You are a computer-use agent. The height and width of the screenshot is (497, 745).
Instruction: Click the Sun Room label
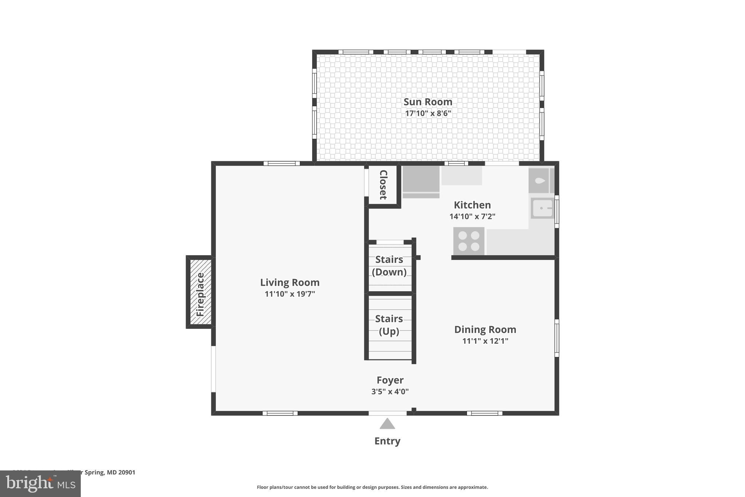428,102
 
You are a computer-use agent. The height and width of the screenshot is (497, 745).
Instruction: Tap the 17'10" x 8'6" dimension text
428,113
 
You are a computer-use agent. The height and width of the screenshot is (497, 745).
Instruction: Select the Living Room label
290,283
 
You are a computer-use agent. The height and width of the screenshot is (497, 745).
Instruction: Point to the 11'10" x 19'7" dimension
290,294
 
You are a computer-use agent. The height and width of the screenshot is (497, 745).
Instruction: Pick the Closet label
383,185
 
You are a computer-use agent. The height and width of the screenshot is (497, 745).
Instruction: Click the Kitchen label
472,205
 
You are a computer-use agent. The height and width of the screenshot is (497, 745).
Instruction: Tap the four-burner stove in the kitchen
469,241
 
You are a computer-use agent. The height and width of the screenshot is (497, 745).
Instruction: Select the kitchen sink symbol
542,208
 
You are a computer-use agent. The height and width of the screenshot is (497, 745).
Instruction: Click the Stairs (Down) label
389,266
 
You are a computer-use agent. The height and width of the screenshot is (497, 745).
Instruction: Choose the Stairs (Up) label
389,325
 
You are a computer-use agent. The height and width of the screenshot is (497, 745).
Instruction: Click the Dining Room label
485,330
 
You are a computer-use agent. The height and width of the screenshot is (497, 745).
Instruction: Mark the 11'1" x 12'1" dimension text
485,341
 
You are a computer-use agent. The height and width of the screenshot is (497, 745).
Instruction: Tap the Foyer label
390,380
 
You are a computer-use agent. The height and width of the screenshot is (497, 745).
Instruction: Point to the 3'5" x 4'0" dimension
390,392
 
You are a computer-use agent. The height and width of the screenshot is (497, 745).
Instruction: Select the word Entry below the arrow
387,441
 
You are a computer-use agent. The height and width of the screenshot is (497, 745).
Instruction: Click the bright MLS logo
40,484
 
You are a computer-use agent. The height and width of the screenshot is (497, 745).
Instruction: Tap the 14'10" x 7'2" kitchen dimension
472,217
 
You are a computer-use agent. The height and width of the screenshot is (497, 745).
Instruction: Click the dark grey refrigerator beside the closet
421,179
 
